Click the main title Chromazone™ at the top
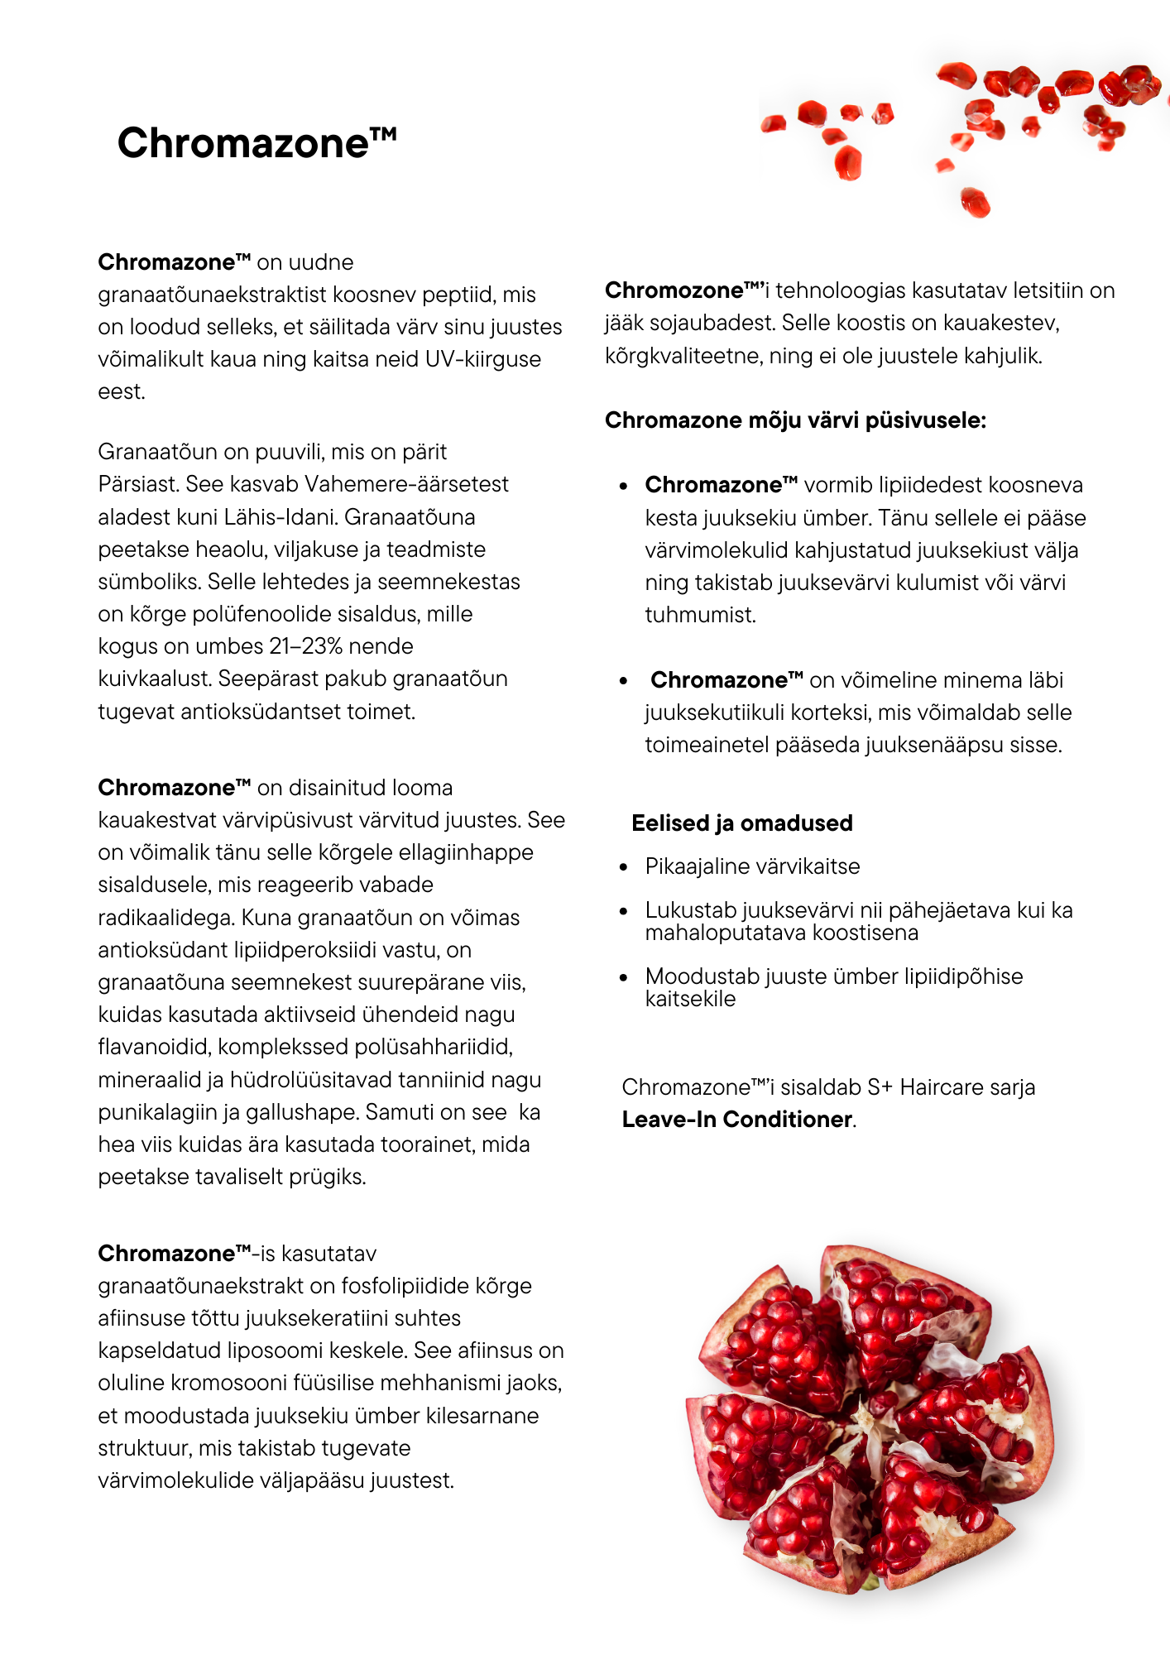tap(257, 143)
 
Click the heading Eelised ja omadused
tap(741, 823)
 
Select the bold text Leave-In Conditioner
tap(737, 1120)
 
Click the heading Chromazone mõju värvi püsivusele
tap(795, 420)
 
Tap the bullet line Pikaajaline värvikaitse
tap(752, 866)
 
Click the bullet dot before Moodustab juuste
tap(625, 977)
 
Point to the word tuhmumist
tap(700, 615)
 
